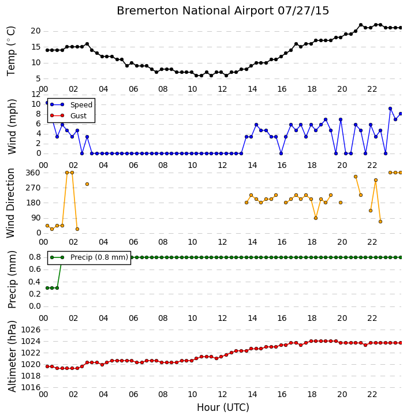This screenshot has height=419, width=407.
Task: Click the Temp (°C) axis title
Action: pyautogui.click(x=11, y=51)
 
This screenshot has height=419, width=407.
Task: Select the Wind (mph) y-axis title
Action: pyautogui.click(x=12, y=126)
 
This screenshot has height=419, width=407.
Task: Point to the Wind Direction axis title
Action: pyautogui.click(x=11, y=203)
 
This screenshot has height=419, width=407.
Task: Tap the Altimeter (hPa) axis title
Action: pyautogui.click(x=12, y=356)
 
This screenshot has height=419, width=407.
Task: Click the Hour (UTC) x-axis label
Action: pyautogui.click(x=223, y=407)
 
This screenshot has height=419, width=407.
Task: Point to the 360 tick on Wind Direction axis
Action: pyautogui.click(x=32, y=173)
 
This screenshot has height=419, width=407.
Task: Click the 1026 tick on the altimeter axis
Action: pyautogui.click(x=31, y=330)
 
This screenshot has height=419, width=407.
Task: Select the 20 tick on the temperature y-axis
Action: pyautogui.click(x=36, y=31)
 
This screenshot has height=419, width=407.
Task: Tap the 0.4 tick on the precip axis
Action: pyautogui.click(x=35, y=282)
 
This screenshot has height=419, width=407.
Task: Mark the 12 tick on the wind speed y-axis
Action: pyautogui.click(x=36, y=94)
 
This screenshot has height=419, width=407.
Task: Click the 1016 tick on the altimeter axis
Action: pyautogui.click(x=31, y=387)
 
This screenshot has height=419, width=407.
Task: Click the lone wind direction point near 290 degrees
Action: pyautogui.click(x=87, y=184)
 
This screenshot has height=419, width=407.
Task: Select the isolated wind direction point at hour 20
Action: pyautogui.click(x=341, y=203)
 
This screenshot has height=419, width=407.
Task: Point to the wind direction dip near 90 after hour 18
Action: pyautogui.click(x=316, y=218)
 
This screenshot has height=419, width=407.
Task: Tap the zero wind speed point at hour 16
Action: pyautogui.click(x=281, y=154)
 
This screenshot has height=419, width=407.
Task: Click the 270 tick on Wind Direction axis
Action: pyautogui.click(x=32, y=188)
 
